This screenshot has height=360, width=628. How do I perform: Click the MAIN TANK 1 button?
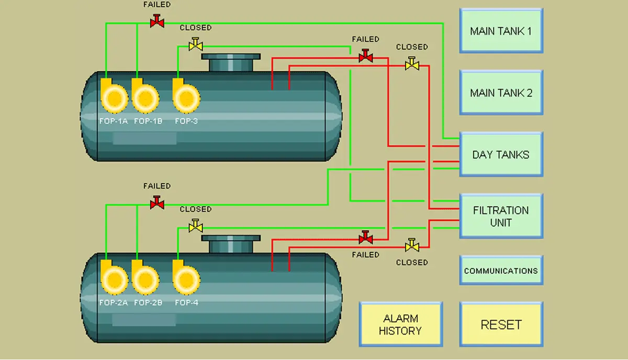coord(501,31)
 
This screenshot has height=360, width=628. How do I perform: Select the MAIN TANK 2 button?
coord(501,93)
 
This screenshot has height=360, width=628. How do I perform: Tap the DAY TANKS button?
coord(501,154)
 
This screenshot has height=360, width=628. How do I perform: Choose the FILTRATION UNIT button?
coord(501,216)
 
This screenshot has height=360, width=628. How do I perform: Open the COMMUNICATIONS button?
coord(501,271)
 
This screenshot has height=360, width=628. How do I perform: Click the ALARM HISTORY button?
coord(400,324)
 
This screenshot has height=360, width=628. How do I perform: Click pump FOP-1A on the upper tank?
coord(114,98)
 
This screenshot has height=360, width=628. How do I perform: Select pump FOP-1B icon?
coord(145,98)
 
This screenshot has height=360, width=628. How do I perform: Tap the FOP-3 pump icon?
coord(186,98)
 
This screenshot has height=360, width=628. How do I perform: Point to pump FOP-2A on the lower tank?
coord(114,279)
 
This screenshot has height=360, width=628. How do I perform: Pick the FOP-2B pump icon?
coord(145,279)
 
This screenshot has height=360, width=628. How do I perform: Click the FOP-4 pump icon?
coord(186,279)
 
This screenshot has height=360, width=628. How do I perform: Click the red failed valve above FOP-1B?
coord(157,21)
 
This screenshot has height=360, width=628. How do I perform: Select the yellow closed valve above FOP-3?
coord(196,45)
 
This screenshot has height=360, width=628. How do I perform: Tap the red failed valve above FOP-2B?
coord(157,203)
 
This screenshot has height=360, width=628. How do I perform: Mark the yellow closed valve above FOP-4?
coord(196,227)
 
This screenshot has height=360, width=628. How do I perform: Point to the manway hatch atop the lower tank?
coord(231,244)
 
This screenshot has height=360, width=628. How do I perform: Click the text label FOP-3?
coord(186,121)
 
